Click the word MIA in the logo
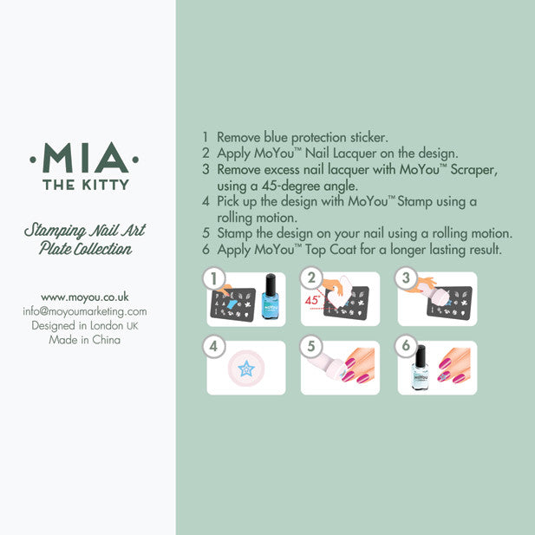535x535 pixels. click(85, 158)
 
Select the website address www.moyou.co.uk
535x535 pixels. click(85, 297)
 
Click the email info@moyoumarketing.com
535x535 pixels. click(85, 311)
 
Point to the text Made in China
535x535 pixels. click(85, 340)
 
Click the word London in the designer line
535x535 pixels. click(107, 325)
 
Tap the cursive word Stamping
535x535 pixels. click(55, 231)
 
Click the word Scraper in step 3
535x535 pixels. click(473, 170)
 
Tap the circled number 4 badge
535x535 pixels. click(214, 346)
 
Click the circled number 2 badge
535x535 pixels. click(311, 277)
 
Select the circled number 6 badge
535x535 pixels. click(406, 345)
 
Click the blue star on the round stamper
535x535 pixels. click(246, 369)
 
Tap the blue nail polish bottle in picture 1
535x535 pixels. click(271, 297)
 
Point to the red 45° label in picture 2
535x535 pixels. click(312, 300)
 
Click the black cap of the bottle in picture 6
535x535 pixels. click(421, 356)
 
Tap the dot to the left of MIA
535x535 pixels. click(33, 160)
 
